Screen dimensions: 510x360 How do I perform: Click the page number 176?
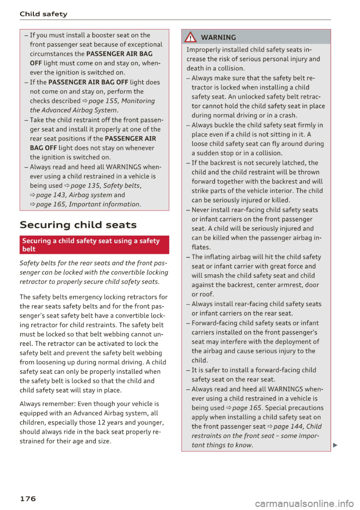coord(28,498)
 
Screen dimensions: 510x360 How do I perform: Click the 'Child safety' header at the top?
coord(43,14)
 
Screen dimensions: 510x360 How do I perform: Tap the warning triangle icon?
coord(191,37)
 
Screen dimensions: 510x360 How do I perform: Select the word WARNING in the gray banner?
coord(218,37)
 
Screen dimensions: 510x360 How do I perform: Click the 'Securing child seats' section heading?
coord(78,225)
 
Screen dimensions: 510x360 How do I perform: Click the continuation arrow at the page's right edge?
coord(335,445)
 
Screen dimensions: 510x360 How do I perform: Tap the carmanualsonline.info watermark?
coord(304,503)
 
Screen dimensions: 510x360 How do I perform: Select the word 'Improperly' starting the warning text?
coord(202,49)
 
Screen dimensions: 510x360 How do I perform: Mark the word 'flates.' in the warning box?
coord(201,247)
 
